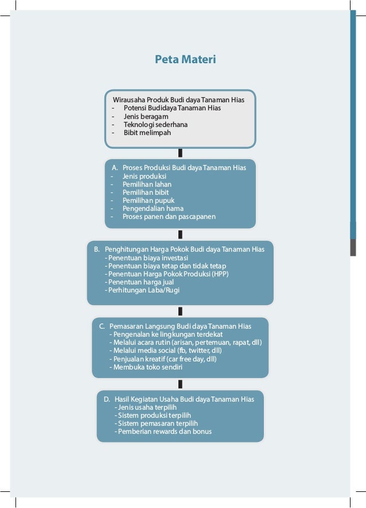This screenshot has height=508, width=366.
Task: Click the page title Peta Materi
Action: pos(185,59)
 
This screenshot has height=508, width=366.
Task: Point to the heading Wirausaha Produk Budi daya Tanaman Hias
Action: pos(178,99)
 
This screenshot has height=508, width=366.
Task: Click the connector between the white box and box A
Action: pos(180,153)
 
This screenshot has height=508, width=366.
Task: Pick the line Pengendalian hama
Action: pos(153,209)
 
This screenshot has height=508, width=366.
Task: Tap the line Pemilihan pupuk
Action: pos(148,201)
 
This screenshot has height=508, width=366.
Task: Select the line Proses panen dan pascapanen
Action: pos(169,217)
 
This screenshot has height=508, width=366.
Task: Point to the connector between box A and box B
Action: pos(180,234)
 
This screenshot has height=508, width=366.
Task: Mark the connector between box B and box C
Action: pos(180,311)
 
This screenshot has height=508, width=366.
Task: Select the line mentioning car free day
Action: pos(163,359)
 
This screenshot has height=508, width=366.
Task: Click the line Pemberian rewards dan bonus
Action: pos(163,431)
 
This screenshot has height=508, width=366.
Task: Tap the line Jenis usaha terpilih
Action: pos(146,407)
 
